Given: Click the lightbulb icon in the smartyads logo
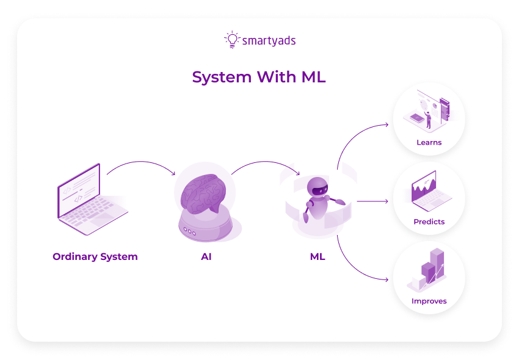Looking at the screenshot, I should click(231, 39).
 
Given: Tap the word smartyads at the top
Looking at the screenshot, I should click(269, 41).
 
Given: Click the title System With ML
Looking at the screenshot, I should click(259, 77).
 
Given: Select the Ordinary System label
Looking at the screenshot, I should click(95, 256).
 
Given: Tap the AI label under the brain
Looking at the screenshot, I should click(206, 256).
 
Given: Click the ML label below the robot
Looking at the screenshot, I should click(318, 256).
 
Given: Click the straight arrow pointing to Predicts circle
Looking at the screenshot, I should click(372, 201).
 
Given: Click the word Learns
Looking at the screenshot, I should click(429, 143).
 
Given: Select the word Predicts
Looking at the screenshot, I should click(429, 221).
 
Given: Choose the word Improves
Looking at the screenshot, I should click(429, 301).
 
